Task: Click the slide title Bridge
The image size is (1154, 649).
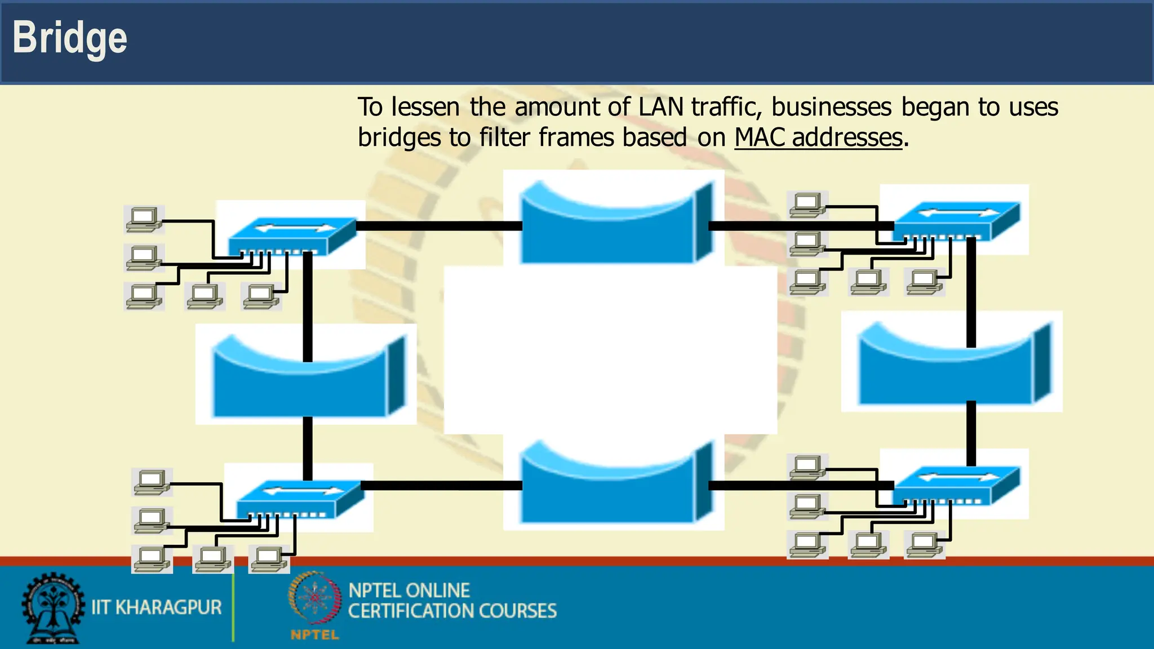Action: (x=70, y=38)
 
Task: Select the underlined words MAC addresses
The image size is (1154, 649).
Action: (x=818, y=137)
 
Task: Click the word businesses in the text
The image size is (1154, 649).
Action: (x=831, y=107)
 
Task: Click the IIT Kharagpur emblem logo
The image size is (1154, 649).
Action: (x=52, y=608)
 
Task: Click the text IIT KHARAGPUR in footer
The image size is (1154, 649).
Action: (x=157, y=607)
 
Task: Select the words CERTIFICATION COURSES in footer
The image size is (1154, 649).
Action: (x=452, y=611)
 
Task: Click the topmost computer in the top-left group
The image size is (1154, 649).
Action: (x=144, y=219)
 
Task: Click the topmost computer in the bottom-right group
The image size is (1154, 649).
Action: (x=807, y=467)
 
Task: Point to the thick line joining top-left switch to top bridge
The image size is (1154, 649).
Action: (x=440, y=226)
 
